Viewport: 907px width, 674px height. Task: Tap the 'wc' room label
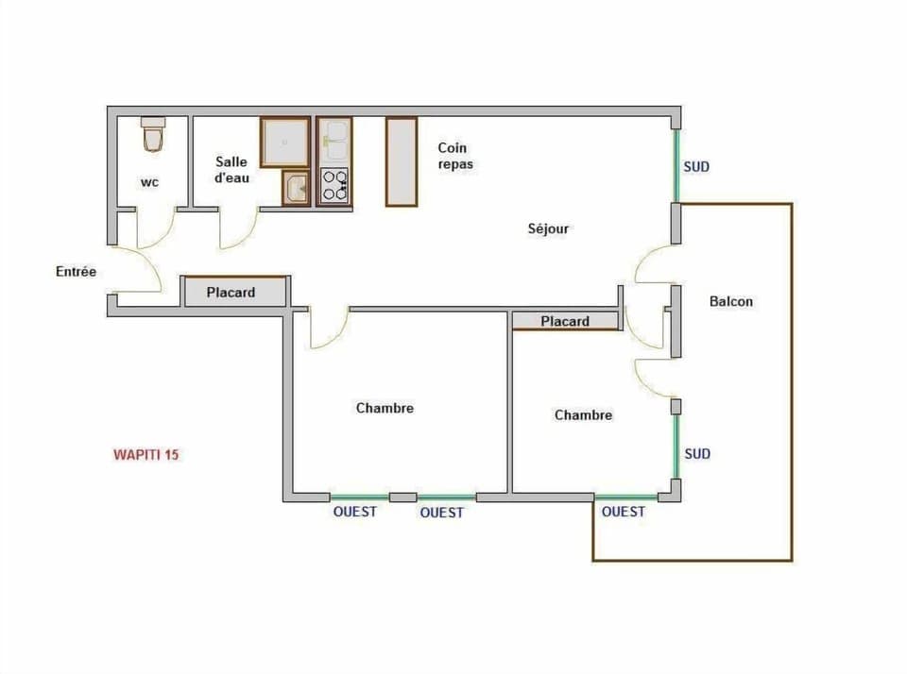149,182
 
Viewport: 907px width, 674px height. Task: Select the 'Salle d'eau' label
231,169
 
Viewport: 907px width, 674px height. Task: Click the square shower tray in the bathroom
285,142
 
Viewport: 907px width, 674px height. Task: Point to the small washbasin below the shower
296,188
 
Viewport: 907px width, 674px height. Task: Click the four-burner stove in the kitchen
334,186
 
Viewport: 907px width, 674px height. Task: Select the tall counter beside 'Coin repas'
402,161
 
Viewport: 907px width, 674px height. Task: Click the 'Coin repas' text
454,156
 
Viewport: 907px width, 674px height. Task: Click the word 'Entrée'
76,272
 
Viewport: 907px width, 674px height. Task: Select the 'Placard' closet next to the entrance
232,293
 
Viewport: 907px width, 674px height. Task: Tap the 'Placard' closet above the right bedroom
565,321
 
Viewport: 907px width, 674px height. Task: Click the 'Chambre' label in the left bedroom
385,408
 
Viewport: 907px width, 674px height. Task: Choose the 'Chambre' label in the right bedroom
583,414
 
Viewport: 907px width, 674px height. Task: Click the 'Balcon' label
731,301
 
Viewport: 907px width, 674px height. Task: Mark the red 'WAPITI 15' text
146,454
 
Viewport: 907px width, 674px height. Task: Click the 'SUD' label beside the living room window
696,167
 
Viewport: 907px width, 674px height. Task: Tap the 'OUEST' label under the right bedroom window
624,512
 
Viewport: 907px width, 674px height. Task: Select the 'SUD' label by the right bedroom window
697,454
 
